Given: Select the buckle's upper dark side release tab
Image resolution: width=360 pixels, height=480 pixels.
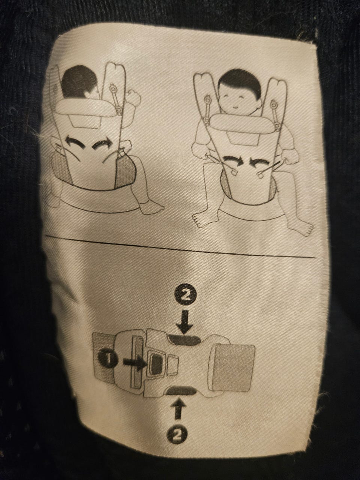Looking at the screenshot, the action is (x=185, y=340).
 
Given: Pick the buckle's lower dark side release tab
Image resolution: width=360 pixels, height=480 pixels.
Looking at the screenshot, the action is (x=181, y=390).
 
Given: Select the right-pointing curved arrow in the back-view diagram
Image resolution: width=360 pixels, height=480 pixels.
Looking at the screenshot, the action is (x=102, y=144).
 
